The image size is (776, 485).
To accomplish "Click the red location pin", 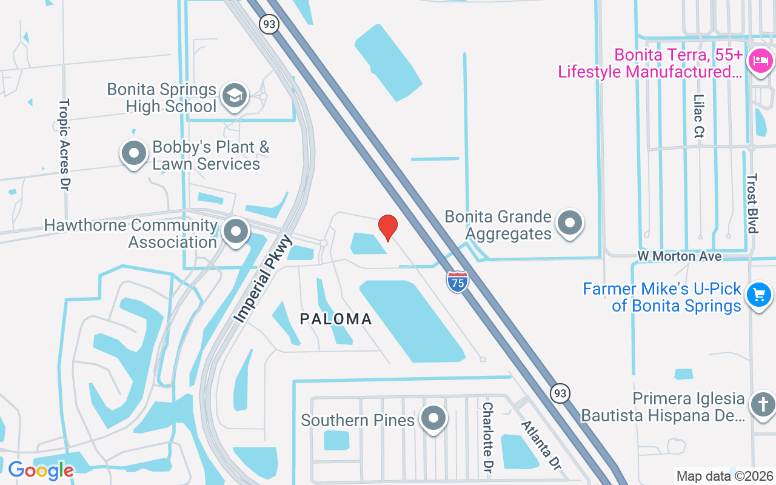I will click(388, 227).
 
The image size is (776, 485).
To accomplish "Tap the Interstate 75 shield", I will click(458, 282).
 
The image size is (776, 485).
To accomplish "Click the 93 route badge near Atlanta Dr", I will click(560, 393).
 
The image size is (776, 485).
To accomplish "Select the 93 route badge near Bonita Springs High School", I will click(269, 24).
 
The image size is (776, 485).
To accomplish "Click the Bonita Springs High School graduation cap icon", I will click(234, 96).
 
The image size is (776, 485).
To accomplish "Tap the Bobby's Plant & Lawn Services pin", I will click(134, 153).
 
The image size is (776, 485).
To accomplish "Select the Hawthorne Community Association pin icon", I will click(236, 231).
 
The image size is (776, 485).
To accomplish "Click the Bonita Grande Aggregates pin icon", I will click(569, 222).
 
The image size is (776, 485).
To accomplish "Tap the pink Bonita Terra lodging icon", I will click(760, 61).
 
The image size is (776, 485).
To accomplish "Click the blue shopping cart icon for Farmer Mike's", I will click(758, 295).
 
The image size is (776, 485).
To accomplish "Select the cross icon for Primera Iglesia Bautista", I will click(762, 404).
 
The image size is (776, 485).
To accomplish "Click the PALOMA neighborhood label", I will click(336, 319).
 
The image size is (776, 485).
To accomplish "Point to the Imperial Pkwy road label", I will click(264, 279).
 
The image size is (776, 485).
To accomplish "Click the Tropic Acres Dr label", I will click(64, 145).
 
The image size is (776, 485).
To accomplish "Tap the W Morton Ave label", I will click(679, 256).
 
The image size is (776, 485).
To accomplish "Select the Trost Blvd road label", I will click(752, 203).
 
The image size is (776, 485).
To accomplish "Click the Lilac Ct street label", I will click(699, 115).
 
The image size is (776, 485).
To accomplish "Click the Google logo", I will click(41, 470).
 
